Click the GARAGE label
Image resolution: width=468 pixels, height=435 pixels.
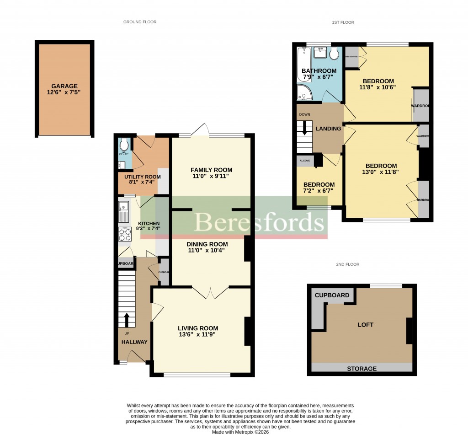64,86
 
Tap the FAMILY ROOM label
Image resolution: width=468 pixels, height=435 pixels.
212,170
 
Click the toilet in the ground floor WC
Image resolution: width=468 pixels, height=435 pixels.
124,145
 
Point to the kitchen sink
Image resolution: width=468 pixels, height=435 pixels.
124,212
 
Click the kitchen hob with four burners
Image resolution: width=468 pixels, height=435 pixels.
125,234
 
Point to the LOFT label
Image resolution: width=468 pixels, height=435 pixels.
366,325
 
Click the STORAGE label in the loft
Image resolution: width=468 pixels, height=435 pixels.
362,369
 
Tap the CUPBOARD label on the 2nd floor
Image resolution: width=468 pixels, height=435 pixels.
332,295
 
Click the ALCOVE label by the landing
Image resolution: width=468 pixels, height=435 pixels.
304,161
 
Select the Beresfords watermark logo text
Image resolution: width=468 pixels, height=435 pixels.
260,223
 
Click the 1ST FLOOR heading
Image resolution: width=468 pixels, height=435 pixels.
343,22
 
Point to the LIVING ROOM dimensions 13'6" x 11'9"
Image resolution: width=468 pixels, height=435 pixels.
198,334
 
